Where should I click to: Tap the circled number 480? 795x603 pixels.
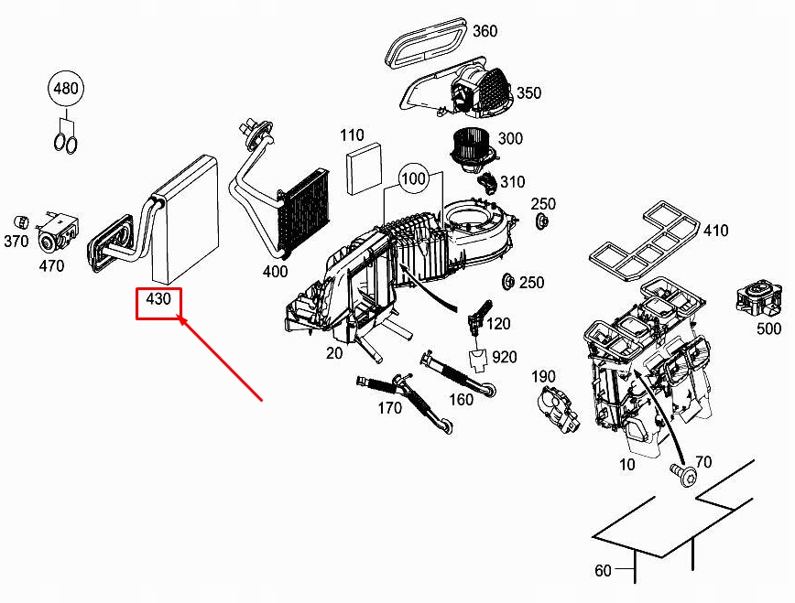[65, 90]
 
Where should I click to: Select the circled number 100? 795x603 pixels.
[414, 178]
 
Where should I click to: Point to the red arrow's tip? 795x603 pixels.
[180, 318]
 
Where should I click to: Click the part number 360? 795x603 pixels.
[485, 32]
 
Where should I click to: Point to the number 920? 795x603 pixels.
[504, 357]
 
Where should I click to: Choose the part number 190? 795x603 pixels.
[543, 377]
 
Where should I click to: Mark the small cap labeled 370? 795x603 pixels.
[20, 221]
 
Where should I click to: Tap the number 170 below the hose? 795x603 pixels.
[389, 408]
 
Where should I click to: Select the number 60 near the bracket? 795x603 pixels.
[602, 571]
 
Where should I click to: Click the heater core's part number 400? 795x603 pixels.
[275, 271]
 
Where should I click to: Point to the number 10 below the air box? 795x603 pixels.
[626, 465]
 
